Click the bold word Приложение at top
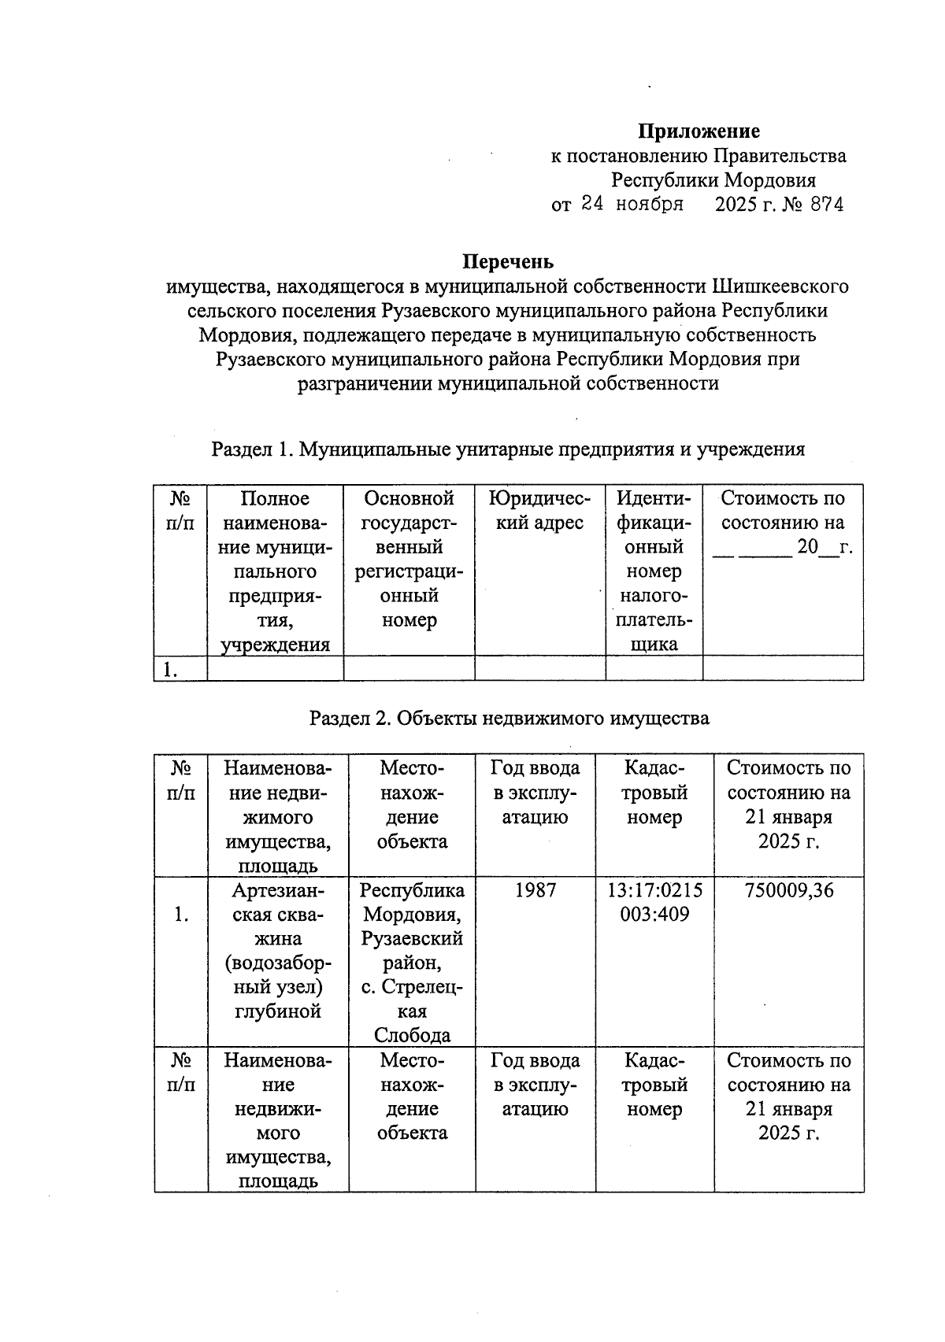coord(698,131)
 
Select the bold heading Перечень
coord(508,261)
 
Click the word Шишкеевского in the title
coord(780,286)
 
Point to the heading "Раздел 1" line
coord(508,449)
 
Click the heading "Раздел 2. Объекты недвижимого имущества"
coord(509,718)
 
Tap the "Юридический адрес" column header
coord(539,511)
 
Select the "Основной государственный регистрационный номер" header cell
coord(409,559)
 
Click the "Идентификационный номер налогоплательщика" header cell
coord(654,571)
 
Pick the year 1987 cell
coord(535,890)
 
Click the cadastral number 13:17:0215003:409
coord(654,902)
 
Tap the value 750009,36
coord(788,890)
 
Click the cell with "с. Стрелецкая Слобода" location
coord(412,962)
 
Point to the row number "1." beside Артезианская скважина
coord(180,915)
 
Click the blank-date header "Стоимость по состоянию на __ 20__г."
coord(783,523)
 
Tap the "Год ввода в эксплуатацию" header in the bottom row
coord(535,1085)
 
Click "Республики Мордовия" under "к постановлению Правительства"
coord(713,179)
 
